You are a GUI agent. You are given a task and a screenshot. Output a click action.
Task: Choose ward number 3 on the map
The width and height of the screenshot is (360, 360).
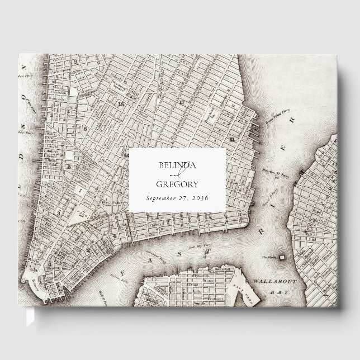click(58, 213)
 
